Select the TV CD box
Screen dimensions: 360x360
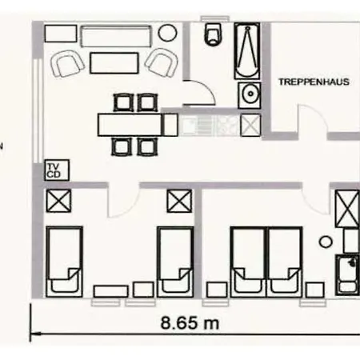54,170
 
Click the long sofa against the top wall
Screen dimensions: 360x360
116,36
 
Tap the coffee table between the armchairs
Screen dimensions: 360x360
114,62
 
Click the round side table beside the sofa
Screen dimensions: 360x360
168,34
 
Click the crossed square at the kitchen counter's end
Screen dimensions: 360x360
250,124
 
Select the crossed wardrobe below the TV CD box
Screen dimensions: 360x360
57,201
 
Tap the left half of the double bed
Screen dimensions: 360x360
247,260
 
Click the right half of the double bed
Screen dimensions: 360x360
283,260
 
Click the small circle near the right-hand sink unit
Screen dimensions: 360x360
326,239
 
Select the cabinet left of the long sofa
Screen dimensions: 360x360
59,34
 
